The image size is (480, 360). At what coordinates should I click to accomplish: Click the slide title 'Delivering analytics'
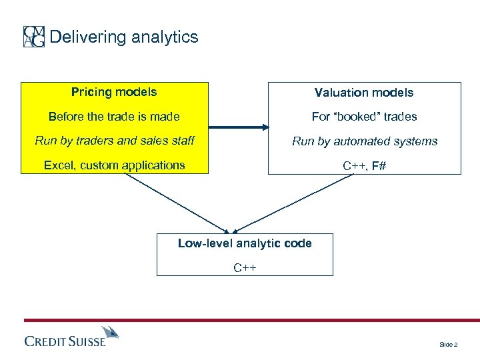click(124, 37)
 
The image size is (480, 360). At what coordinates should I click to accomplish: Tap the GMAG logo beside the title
click(34, 37)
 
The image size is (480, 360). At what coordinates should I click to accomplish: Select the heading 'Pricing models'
click(114, 92)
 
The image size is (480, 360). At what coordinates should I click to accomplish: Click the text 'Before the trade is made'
click(114, 117)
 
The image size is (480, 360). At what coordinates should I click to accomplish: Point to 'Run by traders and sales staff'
click(114, 141)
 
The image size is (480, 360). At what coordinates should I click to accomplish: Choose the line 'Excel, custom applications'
click(114, 165)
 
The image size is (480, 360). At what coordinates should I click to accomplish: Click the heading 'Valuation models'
click(364, 93)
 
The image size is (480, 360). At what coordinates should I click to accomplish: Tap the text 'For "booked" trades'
click(364, 117)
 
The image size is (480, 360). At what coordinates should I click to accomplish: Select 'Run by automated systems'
click(364, 141)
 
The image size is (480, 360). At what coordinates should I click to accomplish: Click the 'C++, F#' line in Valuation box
click(364, 165)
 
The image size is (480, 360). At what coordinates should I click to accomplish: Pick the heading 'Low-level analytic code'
click(245, 243)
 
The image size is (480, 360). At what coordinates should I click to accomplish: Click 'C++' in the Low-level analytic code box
click(245, 268)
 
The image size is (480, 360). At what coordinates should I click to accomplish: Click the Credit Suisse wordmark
click(65, 341)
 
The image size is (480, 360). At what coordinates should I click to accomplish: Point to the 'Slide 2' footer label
click(448, 344)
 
